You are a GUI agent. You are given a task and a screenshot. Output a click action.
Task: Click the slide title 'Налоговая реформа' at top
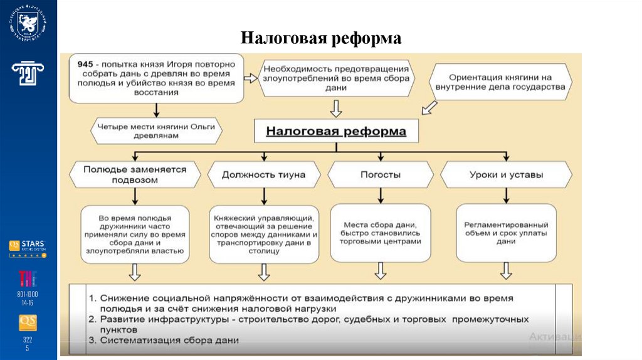320,39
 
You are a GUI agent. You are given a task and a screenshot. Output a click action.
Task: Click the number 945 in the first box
86,64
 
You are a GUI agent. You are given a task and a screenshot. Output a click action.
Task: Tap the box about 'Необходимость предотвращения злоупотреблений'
336,78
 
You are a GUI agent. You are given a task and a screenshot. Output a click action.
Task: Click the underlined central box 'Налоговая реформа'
336,132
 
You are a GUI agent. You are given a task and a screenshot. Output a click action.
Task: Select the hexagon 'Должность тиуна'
263,174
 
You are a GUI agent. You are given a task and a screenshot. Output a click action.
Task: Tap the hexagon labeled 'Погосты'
381,174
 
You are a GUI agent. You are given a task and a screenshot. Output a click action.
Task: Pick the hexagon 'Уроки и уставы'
506,174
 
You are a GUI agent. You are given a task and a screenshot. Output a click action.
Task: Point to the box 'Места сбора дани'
381,232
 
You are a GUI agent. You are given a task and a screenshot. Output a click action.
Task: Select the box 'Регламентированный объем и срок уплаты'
506,233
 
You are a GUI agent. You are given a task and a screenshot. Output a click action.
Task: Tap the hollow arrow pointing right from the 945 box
251,78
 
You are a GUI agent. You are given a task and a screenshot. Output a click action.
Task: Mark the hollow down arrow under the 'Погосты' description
381,272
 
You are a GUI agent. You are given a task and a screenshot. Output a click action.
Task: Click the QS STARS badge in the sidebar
28,247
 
